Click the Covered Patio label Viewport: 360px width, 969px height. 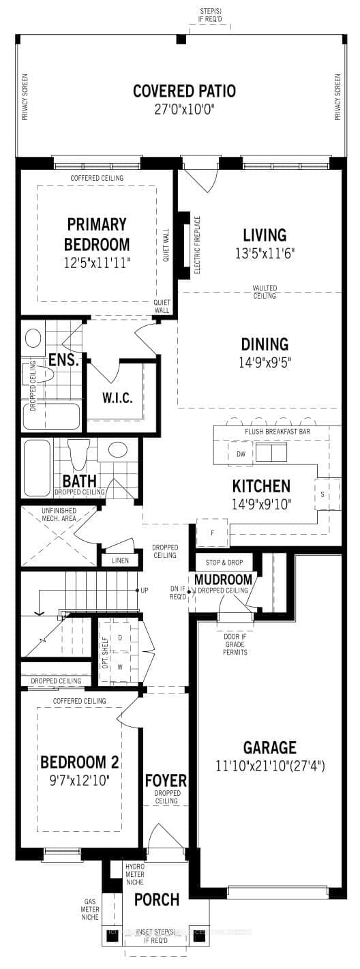coord(183,91)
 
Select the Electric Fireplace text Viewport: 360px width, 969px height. coord(198,245)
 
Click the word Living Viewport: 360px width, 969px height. coord(265,235)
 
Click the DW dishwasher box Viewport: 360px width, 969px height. coord(241,454)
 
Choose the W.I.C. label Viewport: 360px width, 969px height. coord(117,398)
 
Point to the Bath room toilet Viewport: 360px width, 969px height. coord(80,450)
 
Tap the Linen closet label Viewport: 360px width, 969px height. coord(119,561)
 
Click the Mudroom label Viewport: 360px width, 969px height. coord(223,580)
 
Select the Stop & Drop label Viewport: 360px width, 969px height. coord(223,563)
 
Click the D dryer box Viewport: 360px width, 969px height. coord(120,637)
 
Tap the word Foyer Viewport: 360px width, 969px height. coord(165,780)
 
